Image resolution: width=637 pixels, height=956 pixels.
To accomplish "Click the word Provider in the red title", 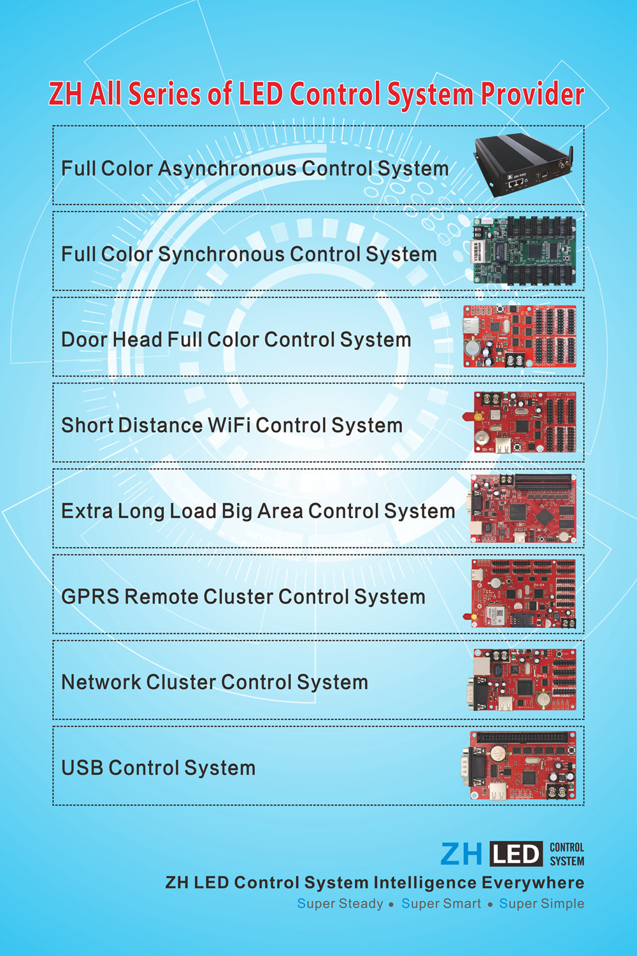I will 532,94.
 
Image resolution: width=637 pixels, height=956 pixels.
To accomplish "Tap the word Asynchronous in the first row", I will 227,169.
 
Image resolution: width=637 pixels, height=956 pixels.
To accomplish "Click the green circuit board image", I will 524,250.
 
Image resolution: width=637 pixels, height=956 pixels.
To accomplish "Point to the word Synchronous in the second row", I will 221,254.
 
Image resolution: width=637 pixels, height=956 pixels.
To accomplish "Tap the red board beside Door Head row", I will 520,337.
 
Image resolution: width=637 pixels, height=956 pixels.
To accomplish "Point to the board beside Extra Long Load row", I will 523,509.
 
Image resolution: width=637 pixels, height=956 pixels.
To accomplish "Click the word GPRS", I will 90,597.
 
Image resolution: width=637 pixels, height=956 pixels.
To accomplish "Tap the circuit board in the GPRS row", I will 524,594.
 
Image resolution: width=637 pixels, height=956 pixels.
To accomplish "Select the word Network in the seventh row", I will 101,683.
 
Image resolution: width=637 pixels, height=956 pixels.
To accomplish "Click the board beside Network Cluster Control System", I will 524,680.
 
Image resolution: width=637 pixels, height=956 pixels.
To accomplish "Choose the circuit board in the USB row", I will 522,765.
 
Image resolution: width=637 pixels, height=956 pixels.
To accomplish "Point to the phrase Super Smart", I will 441,904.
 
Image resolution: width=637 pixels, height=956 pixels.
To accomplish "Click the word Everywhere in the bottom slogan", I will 533,883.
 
